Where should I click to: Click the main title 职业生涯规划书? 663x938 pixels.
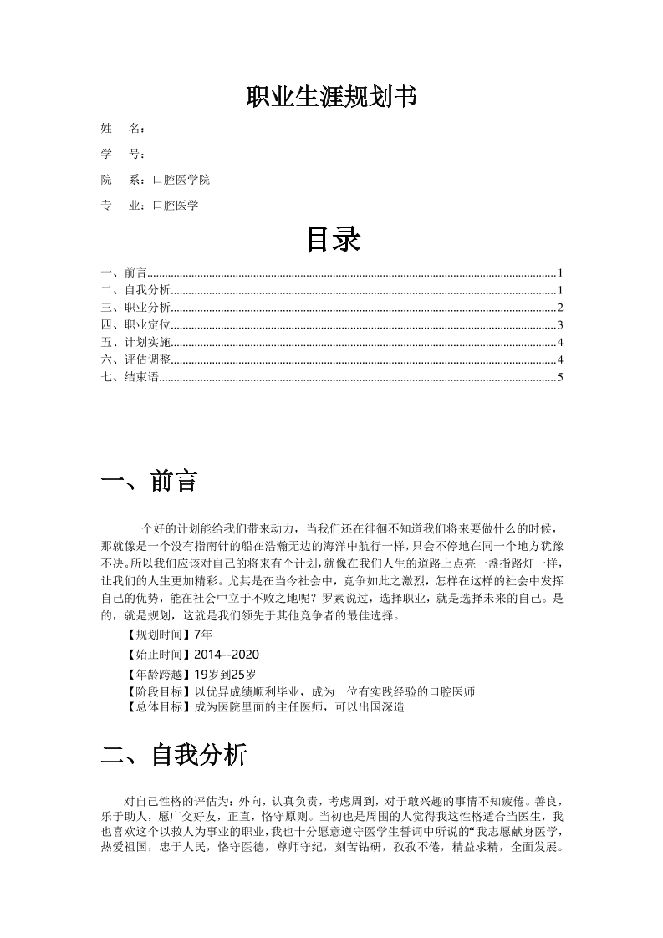(x=331, y=98)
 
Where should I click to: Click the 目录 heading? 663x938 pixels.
(x=332, y=239)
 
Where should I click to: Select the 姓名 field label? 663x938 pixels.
(x=121, y=129)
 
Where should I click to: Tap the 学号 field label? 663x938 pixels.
(x=121, y=154)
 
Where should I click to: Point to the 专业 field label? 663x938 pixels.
(x=121, y=205)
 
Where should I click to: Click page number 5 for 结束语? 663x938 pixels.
(x=561, y=377)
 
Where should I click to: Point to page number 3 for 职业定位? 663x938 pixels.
(x=561, y=325)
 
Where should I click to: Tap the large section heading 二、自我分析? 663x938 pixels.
(x=174, y=756)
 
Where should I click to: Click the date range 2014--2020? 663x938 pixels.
(x=220, y=654)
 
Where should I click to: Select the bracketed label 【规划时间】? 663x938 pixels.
(x=157, y=635)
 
